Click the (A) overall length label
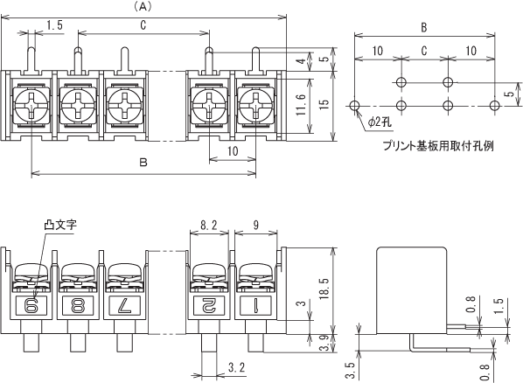coord(143,7)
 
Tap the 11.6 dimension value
coord(301,105)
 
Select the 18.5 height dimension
coord(324,289)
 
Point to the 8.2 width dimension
coord(209,226)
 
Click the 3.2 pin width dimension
coord(237,367)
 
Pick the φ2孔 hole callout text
coord(380,122)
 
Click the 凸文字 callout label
coord(60,225)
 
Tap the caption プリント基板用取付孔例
coord(437,146)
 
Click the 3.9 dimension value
coord(324,343)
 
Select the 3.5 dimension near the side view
coord(350,371)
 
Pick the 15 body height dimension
coord(324,103)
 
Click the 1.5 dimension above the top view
coord(55,25)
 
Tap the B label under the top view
coord(143,163)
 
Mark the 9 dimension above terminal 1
coord(256,226)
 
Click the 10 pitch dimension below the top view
coord(233,151)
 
